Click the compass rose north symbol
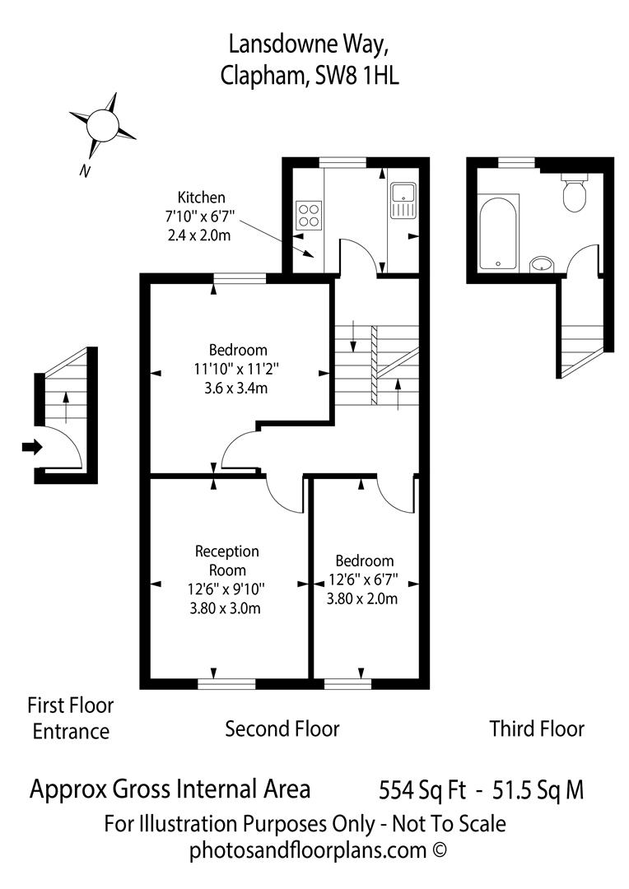tap(103, 125)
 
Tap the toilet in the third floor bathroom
tap(573, 194)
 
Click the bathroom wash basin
tap(542, 263)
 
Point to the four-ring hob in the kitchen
tap(309, 216)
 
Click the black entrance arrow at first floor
tap(31, 447)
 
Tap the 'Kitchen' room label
tap(201, 198)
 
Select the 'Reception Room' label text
tap(226, 560)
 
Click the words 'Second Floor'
tap(282, 728)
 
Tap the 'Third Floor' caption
tap(537, 728)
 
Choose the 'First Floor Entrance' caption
tap(71, 718)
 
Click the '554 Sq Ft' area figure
tap(417, 790)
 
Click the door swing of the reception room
tap(282, 496)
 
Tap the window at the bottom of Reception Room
tap(226, 682)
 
